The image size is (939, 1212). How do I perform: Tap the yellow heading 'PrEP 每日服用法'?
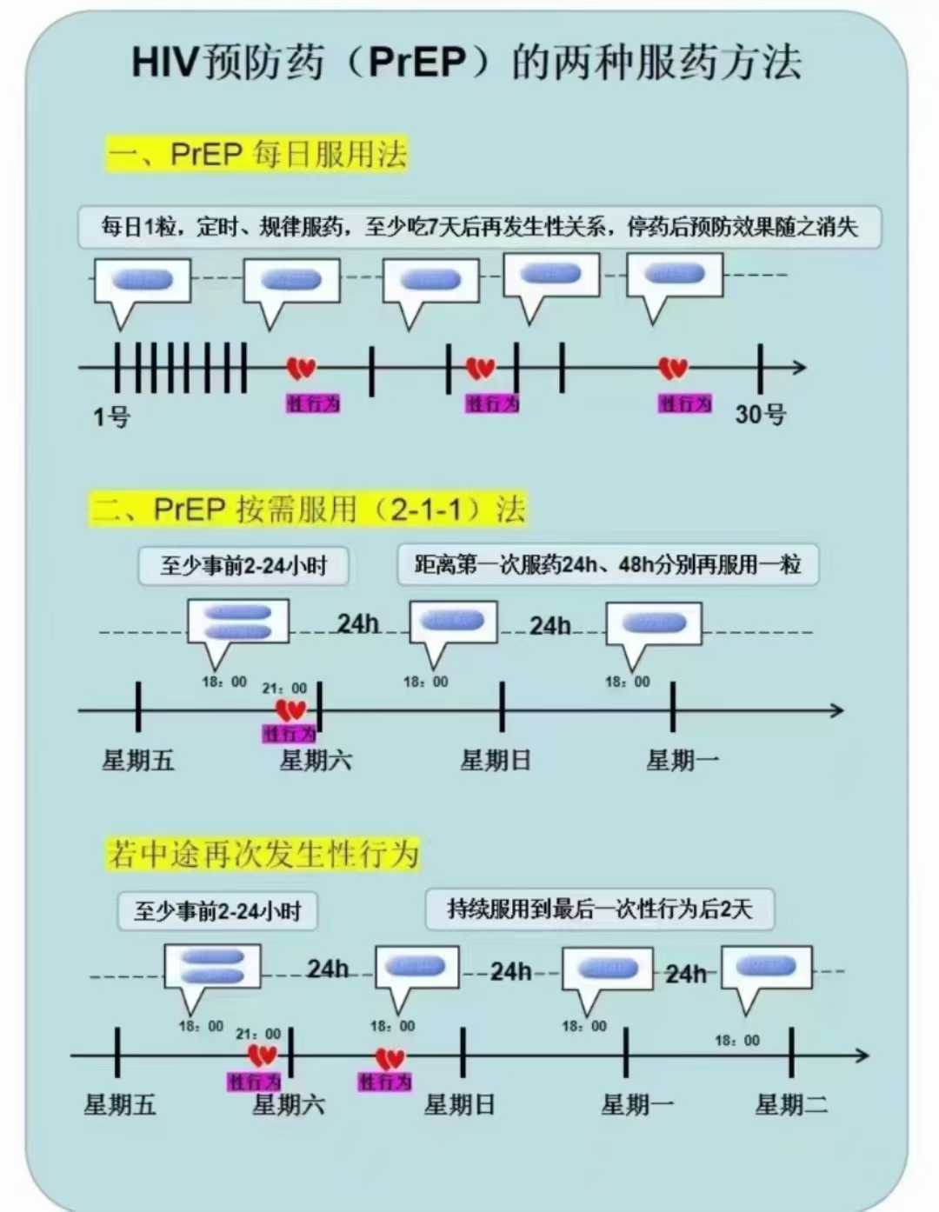[x=257, y=154]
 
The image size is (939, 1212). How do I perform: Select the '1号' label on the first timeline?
[x=111, y=417]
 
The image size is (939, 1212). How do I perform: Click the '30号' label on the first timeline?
[x=760, y=415]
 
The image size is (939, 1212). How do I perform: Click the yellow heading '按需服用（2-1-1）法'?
[x=309, y=509]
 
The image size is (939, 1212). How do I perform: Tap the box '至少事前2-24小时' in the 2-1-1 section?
[x=243, y=566]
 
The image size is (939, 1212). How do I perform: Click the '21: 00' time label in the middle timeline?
[x=284, y=688]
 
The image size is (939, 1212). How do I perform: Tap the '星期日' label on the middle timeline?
[x=496, y=761]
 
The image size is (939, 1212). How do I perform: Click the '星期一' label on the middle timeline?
[x=683, y=761]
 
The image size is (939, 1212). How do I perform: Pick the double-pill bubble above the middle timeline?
[x=238, y=623]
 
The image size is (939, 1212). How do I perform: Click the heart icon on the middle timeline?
[x=290, y=709]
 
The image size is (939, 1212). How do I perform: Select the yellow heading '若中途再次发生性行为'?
[x=263, y=853]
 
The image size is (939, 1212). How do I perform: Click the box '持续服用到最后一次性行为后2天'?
[x=599, y=909]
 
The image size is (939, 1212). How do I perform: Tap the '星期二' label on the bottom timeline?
[x=791, y=1105]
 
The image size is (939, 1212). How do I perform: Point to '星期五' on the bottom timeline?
[x=120, y=1105]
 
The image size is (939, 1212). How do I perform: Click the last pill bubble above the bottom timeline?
[x=767, y=968]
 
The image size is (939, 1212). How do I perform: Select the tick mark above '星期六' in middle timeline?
[x=320, y=706]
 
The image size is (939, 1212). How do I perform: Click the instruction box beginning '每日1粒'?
[x=479, y=227]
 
